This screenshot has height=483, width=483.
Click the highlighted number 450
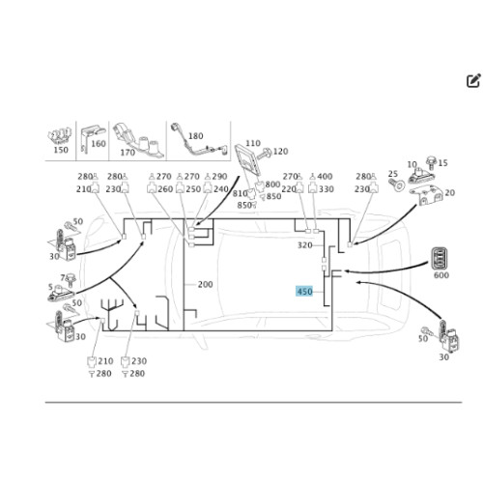304,292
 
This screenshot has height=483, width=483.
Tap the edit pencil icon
473,80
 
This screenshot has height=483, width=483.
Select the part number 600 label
441,275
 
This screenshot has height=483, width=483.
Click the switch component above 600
440,258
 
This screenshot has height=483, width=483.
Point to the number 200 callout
205,284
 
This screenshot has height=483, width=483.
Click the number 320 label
305,245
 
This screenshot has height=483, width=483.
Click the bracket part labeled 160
93,138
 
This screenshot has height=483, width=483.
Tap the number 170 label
128,153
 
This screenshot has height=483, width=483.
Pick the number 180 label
195,136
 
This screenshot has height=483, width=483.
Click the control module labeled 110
247,160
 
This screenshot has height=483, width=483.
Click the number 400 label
325,177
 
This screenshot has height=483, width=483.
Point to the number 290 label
219,177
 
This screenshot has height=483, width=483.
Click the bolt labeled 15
431,162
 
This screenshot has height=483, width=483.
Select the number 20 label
450,193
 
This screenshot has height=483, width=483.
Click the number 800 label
272,185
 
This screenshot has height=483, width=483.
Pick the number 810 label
240,193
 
